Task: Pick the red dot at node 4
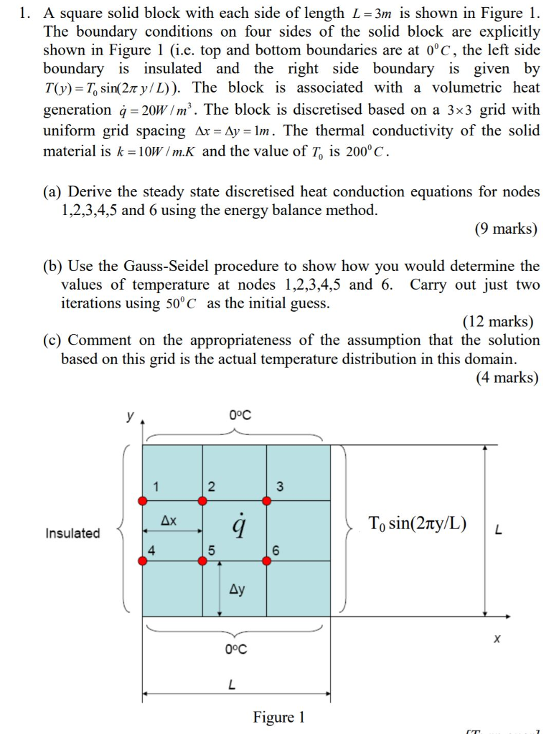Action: click(x=143, y=561)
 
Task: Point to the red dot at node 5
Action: click(x=203, y=561)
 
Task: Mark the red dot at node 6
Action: click(x=266, y=561)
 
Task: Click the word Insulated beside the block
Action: click(x=72, y=533)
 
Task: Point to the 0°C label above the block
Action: click(x=240, y=415)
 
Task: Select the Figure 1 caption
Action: click(x=278, y=717)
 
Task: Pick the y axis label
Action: click(x=131, y=416)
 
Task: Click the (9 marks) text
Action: click(x=505, y=229)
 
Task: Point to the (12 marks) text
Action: click(x=497, y=322)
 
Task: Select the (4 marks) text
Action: click(x=506, y=377)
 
